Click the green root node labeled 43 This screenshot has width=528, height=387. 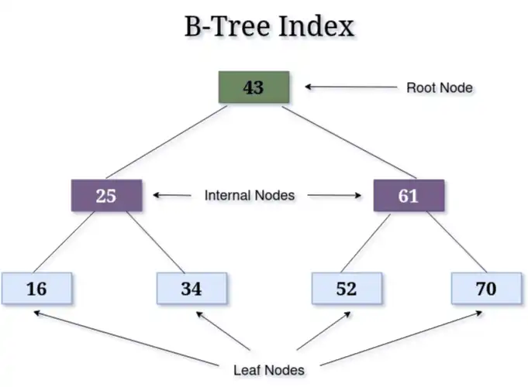[x=254, y=87]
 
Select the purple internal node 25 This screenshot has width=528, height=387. [x=106, y=195]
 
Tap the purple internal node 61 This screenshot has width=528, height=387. [x=409, y=195]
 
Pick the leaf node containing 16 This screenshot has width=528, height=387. [x=36, y=289]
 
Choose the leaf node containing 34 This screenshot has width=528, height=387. [x=192, y=289]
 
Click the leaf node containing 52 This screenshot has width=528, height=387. [x=347, y=289]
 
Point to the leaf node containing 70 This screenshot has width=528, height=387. [x=487, y=289]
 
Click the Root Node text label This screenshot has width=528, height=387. [x=440, y=87]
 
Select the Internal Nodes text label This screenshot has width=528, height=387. [x=250, y=195]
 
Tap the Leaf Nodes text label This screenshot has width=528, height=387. [x=269, y=370]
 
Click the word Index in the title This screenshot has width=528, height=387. [x=317, y=26]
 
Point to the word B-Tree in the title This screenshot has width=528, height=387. [x=227, y=26]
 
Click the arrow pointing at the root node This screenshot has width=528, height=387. [x=351, y=87]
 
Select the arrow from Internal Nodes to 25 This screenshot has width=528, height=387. [x=172, y=195]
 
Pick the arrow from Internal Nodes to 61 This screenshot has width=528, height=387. [x=334, y=195]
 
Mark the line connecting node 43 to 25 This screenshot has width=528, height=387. [x=167, y=142]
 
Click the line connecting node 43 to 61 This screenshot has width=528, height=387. [x=349, y=142]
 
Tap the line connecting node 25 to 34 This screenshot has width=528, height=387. [x=156, y=242]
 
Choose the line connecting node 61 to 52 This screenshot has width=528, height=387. [x=366, y=243]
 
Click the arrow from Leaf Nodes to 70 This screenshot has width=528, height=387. [x=401, y=338]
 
